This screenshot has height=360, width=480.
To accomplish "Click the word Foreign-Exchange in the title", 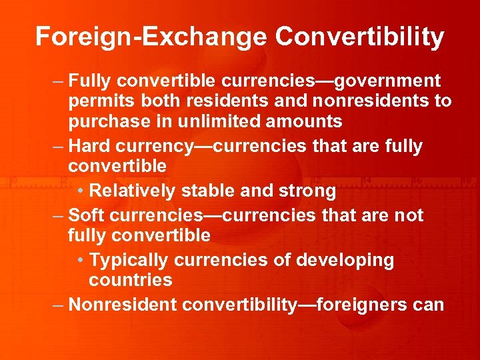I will point(150,37).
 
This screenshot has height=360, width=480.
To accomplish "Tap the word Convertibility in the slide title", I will point(359,37).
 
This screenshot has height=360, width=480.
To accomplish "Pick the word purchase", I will point(109,122).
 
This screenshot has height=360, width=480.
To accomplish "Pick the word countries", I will point(131,280).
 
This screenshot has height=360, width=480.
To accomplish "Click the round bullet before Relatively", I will point(79,192).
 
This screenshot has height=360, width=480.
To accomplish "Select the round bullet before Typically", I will point(79,261).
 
